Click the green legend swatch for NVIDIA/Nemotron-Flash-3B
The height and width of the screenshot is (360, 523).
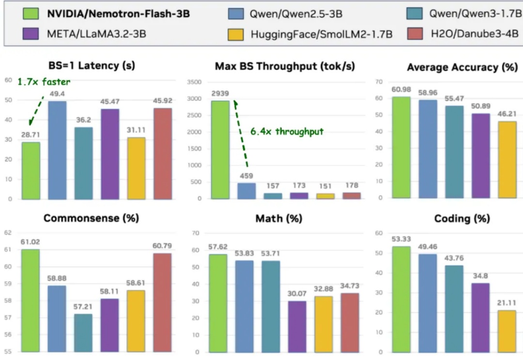[x=31, y=14]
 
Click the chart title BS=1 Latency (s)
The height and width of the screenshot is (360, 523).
[x=92, y=65]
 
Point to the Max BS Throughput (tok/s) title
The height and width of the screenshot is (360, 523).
[x=285, y=66]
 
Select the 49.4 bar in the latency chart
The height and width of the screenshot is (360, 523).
[x=57, y=150]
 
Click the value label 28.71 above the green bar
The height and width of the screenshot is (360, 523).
[x=31, y=135]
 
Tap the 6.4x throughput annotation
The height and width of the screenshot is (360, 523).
[x=287, y=131]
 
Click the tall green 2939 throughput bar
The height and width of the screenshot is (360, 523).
[x=220, y=150]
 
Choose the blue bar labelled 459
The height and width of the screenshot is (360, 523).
[x=246, y=191]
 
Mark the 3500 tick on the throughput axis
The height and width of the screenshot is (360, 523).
[x=194, y=83]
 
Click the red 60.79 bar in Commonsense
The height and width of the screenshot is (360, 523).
[x=162, y=302]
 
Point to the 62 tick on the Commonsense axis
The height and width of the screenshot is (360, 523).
[x=8, y=233]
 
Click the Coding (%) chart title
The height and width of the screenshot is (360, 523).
[x=462, y=219]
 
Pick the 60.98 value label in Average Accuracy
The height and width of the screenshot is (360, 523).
[x=401, y=90]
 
